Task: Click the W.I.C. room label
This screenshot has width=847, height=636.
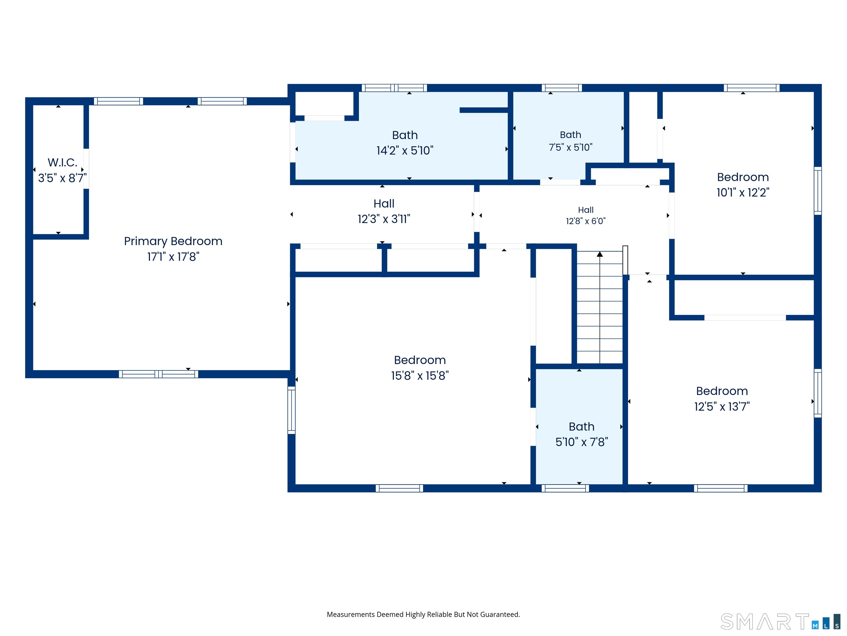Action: pyautogui.click(x=62, y=163)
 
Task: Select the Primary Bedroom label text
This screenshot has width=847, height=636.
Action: pyautogui.click(x=173, y=242)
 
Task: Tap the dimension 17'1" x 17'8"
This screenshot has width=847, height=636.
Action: pyautogui.click(x=173, y=256)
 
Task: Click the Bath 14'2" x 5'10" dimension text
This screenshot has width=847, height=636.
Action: pyautogui.click(x=405, y=150)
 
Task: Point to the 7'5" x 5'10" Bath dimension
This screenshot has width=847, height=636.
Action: pyautogui.click(x=570, y=147)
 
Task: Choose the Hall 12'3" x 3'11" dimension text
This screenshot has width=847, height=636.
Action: pyautogui.click(x=384, y=219)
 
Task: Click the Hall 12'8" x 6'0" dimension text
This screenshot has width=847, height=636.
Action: pyautogui.click(x=586, y=221)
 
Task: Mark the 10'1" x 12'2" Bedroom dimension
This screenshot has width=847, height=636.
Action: pyautogui.click(x=743, y=192)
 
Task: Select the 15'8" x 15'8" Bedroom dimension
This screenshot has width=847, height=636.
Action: pyautogui.click(x=420, y=376)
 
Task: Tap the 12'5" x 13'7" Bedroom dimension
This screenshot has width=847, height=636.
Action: pyautogui.click(x=722, y=406)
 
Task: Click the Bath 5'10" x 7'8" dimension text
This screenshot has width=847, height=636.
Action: pyautogui.click(x=582, y=442)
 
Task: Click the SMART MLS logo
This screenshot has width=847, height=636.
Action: pyautogui.click(x=780, y=621)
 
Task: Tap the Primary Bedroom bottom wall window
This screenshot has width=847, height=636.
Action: pyautogui.click(x=159, y=374)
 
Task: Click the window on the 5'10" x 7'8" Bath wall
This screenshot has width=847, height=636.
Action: pyautogui.click(x=565, y=488)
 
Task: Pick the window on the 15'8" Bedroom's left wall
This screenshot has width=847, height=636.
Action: pyautogui.click(x=291, y=410)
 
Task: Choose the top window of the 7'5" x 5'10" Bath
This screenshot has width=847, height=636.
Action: pyautogui.click(x=562, y=88)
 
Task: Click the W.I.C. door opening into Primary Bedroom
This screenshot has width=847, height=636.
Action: pyautogui.click(x=86, y=169)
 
